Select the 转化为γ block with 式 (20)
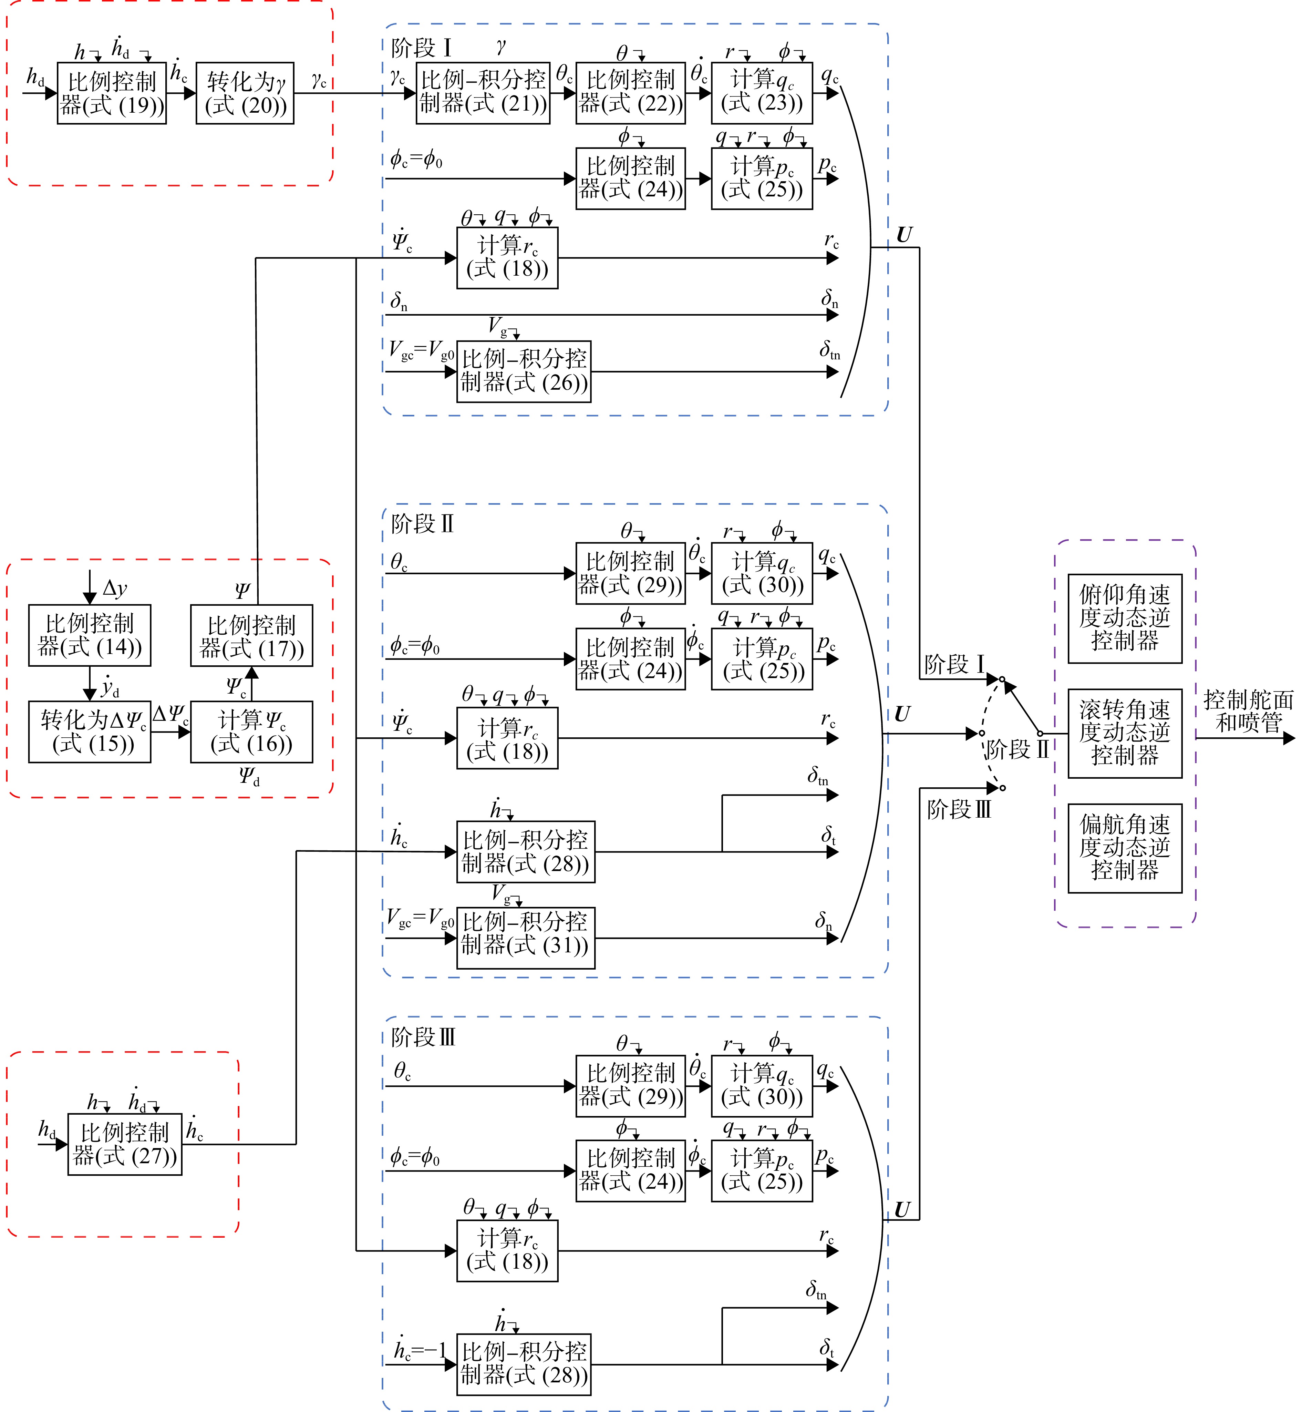tap(245, 93)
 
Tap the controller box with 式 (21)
tap(483, 93)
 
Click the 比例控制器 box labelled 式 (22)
tap(631, 93)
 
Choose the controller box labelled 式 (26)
tap(524, 371)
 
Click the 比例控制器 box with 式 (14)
tap(90, 635)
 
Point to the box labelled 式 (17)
tap(251, 635)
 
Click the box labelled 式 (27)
tap(125, 1144)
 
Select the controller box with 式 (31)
tap(526, 938)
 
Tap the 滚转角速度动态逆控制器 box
tap(1125, 734)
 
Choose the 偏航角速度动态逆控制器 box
tap(1125, 848)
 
